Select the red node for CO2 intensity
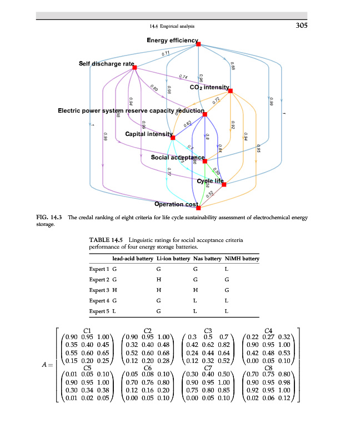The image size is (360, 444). coord(231,90)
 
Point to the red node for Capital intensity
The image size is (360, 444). coord(173,138)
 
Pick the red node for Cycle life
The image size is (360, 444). coord(224,184)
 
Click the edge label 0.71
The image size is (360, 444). coord(166,54)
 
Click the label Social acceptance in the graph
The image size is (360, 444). coord(178,158)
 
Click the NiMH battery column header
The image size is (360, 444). coord(242,259)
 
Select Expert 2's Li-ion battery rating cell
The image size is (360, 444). coord(159,279)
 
